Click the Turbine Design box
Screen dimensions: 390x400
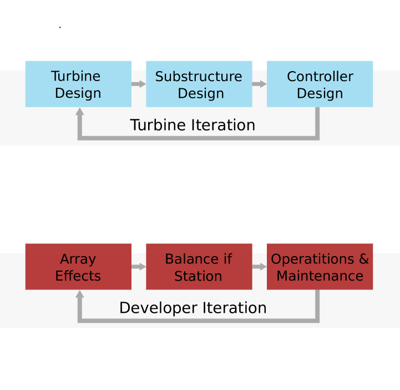coord(78,84)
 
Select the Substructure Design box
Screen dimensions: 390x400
coord(199,84)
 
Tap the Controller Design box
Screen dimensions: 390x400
coord(320,84)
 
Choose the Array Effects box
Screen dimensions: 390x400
coord(78,267)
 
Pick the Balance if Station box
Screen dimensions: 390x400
coord(199,267)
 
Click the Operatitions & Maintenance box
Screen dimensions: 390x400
coord(320,267)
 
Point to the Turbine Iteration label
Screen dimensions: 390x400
coord(193,126)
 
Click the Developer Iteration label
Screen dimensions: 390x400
coord(193,308)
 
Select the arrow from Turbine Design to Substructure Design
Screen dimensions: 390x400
coord(139,84)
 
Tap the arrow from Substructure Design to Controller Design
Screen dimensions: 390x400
coord(260,84)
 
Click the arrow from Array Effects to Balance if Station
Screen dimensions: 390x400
coord(139,267)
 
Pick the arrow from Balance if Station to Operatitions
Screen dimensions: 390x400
coord(260,267)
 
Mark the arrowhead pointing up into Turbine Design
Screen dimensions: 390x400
coord(80,112)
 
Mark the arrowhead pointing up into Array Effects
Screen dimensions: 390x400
coord(80,294)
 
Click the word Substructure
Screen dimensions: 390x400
coord(199,77)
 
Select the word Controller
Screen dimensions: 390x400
coord(320,77)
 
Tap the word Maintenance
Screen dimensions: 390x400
coord(320,276)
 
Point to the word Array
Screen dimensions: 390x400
coord(78,259)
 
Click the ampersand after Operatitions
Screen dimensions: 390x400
coord(363,259)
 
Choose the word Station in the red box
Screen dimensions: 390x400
coord(198,276)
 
